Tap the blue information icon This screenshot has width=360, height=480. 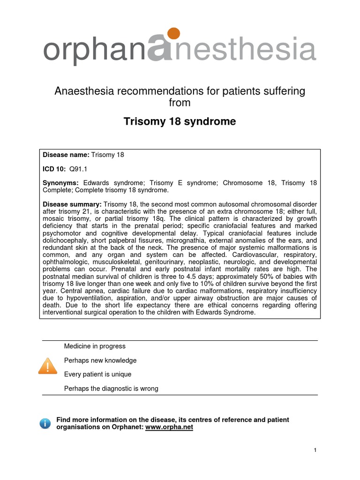pos(45,424)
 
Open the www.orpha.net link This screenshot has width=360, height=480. pos(169,427)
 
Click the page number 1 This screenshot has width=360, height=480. pos(315,450)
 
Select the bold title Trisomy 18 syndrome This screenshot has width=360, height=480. pos(180,122)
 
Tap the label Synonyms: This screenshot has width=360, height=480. pos(61,182)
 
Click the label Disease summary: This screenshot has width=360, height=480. pos(72,204)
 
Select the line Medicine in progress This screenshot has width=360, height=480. pos(95,346)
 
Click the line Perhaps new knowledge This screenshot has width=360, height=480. pos(100,360)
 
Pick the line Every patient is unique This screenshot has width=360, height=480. pos(97,375)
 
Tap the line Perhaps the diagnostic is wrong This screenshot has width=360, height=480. pos(111,389)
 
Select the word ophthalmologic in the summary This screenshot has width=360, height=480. pos(65,262)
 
